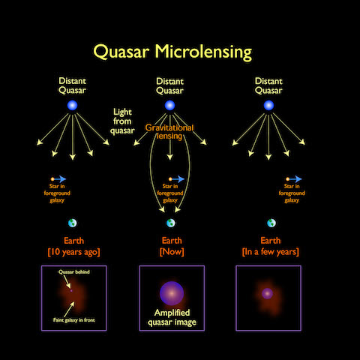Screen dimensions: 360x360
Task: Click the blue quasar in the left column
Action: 72,106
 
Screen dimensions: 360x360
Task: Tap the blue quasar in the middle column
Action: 170,106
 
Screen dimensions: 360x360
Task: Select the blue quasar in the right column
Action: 268,106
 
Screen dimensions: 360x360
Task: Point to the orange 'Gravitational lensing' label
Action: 169,133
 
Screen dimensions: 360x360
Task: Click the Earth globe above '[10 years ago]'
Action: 73,223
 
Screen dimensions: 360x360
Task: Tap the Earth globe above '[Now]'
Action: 171,223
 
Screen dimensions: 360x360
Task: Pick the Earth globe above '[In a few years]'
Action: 271,223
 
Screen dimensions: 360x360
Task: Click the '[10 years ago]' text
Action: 73,251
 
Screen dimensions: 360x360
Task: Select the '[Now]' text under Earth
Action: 172,251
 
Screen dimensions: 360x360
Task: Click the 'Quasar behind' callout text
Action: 73,273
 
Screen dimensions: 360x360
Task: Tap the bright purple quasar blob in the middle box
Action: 172,292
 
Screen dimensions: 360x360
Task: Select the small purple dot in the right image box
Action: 266,292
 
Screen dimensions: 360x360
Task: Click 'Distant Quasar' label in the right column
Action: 268,85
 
